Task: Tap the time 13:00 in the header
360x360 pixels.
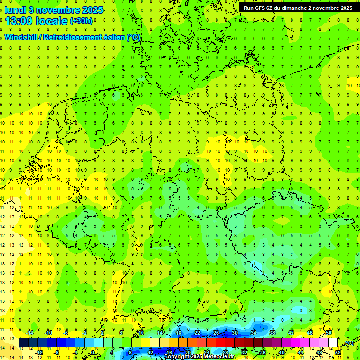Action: (20, 21)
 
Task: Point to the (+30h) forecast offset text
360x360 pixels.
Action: (81, 21)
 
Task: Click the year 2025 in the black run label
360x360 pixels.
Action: (346, 8)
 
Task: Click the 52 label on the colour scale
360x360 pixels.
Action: (338, 352)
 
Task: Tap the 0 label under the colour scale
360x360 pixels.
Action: (93, 352)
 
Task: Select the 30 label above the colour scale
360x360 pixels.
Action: (234, 333)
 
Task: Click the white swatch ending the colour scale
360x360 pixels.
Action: (333, 343)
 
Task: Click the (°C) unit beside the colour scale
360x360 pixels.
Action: (349, 343)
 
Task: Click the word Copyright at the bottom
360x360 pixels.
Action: (178, 357)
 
